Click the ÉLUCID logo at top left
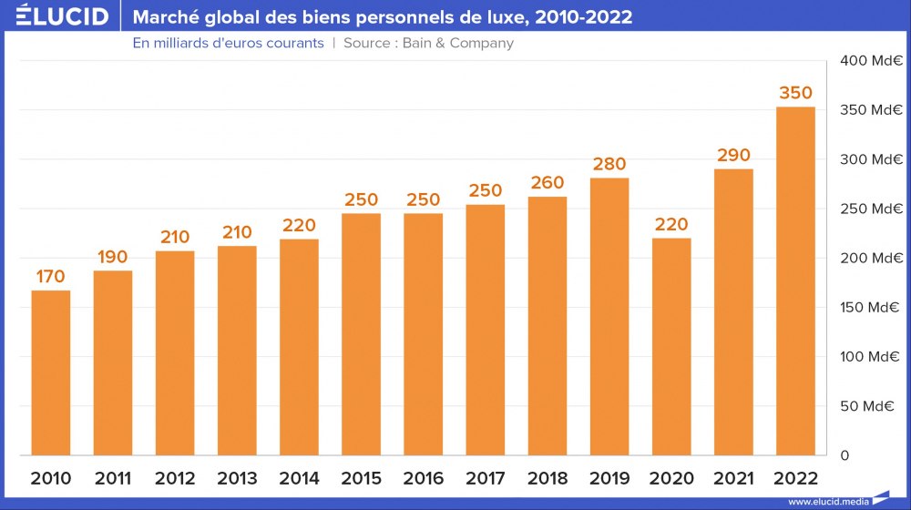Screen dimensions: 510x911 pos(62,16)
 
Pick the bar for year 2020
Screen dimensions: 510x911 pos(671,346)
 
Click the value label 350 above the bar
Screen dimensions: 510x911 pos(795,93)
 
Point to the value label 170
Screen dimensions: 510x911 pos(51,276)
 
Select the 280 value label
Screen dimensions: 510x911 pos(609,164)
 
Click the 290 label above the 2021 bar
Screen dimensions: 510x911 pos(733,155)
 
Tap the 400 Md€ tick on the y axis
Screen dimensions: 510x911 pos(871,61)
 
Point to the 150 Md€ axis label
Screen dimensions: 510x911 pos(871,307)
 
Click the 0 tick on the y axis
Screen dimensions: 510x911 pos(844,454)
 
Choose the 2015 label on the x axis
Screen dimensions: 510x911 pos(361,478)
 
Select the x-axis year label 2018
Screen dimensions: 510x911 pos(547,478)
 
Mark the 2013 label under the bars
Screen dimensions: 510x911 pos(237,478)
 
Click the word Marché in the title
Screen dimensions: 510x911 pos(165,17)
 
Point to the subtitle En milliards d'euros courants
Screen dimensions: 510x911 pos(228,43)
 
